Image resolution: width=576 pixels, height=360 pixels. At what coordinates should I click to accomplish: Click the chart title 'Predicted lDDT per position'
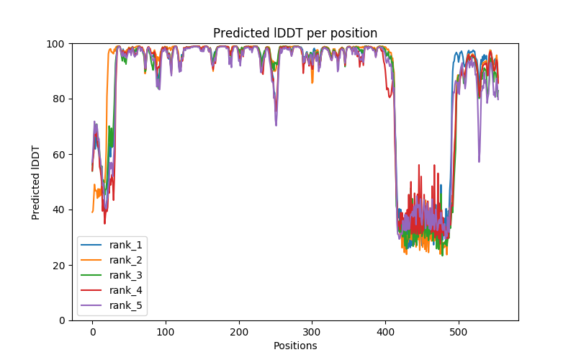point(294,33)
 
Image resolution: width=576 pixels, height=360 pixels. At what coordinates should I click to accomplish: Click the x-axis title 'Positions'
point(294,346)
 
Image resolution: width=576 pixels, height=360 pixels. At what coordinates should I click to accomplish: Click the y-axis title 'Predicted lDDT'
point(37,181)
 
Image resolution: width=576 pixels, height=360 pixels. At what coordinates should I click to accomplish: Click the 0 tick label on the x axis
point(92,332)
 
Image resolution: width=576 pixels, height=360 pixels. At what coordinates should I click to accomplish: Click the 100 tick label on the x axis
point(166,332)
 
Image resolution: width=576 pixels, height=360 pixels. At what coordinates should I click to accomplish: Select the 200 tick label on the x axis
point(239,332)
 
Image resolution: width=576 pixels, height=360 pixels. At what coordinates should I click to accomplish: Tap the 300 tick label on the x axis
point(312,332)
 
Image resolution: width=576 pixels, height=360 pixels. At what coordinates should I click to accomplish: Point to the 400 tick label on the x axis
point(385,332)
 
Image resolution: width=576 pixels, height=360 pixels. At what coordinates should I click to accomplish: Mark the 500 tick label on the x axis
point(459,332)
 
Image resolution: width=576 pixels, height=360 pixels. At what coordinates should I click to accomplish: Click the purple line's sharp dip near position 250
point(276,125)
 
